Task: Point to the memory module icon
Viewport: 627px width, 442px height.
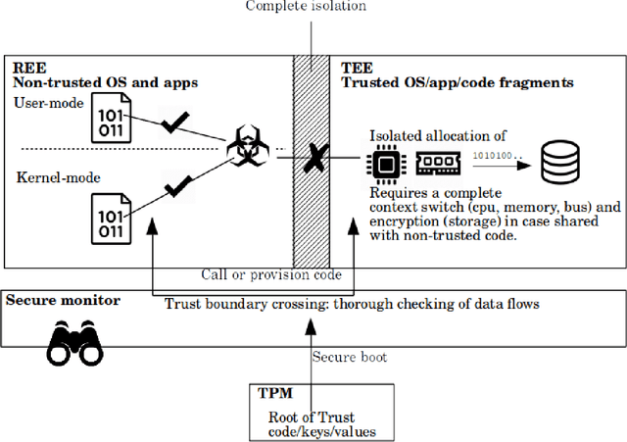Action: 436,163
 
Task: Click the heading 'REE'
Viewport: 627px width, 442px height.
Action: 24,69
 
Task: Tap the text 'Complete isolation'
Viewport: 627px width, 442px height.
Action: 306,7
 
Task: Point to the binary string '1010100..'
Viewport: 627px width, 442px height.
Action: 497,154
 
